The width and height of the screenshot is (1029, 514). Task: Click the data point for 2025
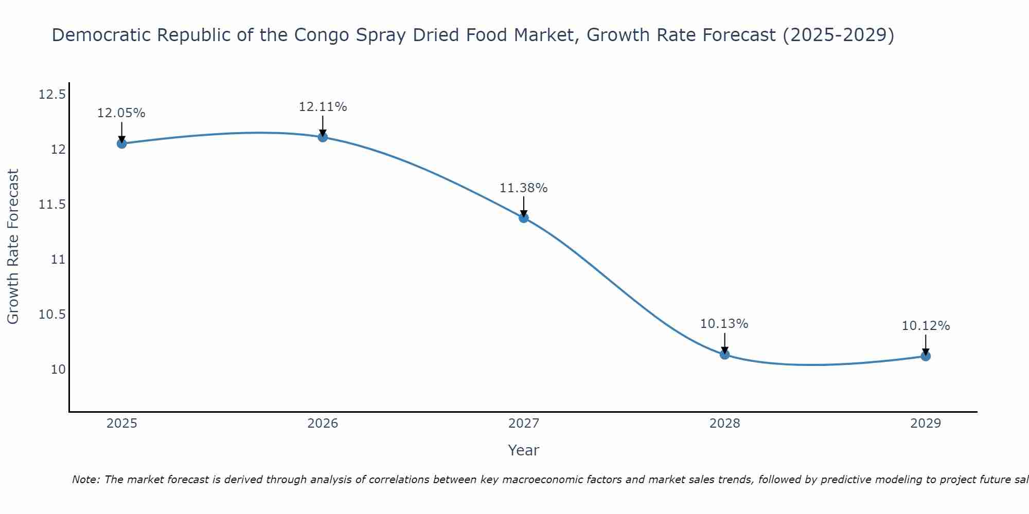121,143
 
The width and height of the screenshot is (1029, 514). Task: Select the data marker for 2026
323,137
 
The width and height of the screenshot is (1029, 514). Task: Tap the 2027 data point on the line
524,217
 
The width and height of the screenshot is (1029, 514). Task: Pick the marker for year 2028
724,354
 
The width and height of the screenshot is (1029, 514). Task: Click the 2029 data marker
926,356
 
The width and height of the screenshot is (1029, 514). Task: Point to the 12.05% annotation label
121,113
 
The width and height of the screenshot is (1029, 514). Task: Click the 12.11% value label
323,107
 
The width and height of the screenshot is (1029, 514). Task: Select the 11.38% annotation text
524,188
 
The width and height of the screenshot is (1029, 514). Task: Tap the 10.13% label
724,324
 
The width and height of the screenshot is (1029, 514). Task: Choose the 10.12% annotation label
926,326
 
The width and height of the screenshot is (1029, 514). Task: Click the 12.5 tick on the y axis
52,95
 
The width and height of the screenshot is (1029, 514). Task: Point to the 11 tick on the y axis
58,260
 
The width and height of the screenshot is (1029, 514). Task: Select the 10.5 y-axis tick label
52,315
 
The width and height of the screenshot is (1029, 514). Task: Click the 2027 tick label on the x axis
524,424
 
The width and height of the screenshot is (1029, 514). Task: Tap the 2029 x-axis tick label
926,424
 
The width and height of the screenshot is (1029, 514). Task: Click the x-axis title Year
524,450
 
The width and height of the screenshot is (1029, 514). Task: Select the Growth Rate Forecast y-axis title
13,246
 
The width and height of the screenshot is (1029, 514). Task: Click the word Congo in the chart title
319,35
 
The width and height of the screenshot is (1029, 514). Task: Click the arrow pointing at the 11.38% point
524,207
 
